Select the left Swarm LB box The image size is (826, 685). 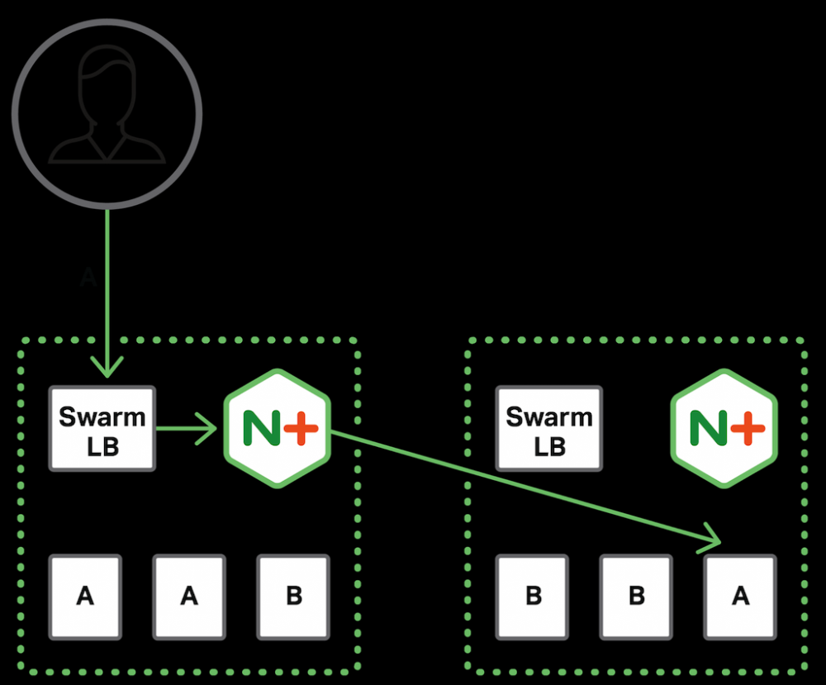point(102,429)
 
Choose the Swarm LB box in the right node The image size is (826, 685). point(548,429)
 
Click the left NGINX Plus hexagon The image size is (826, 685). point(278,428)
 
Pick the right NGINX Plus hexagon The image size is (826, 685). point(724,428)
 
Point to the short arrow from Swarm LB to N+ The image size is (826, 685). point(186,428)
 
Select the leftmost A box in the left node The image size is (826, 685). point(85,596)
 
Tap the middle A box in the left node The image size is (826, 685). point(189,596)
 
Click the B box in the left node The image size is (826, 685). point(293,596)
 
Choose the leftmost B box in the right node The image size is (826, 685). point(533,596)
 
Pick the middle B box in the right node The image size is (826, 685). point(636,596)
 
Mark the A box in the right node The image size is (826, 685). point(740,596)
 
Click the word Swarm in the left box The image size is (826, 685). point(102,416)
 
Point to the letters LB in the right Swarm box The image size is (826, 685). point(548,446)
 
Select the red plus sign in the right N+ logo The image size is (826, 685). point(747,428)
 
